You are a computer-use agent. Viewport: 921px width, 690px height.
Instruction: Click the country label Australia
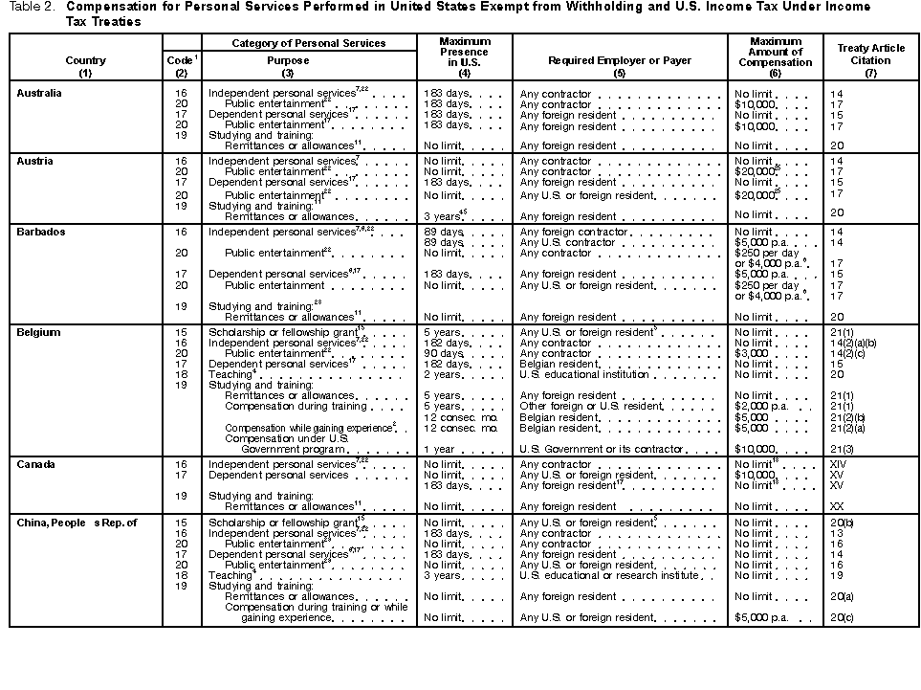tap(39, 93)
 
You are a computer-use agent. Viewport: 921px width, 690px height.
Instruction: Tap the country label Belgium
tap(38, 332)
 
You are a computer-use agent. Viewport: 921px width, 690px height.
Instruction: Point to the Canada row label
tap(37, 464)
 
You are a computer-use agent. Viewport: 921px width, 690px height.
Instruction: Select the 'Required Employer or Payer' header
tap(619, 60)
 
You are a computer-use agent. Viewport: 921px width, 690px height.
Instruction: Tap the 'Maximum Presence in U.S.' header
tap(465, 52)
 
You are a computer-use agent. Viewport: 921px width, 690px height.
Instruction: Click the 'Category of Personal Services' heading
tap(308, 43)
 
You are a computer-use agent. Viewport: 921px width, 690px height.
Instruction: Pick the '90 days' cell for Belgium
tap(444, 353)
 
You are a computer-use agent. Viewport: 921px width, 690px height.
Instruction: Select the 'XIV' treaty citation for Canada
tap(841, 464)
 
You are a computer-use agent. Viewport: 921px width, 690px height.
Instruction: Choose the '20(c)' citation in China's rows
tap(843, 617)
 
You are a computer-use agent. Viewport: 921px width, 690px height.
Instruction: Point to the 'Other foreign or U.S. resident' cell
tap(590, 406)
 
